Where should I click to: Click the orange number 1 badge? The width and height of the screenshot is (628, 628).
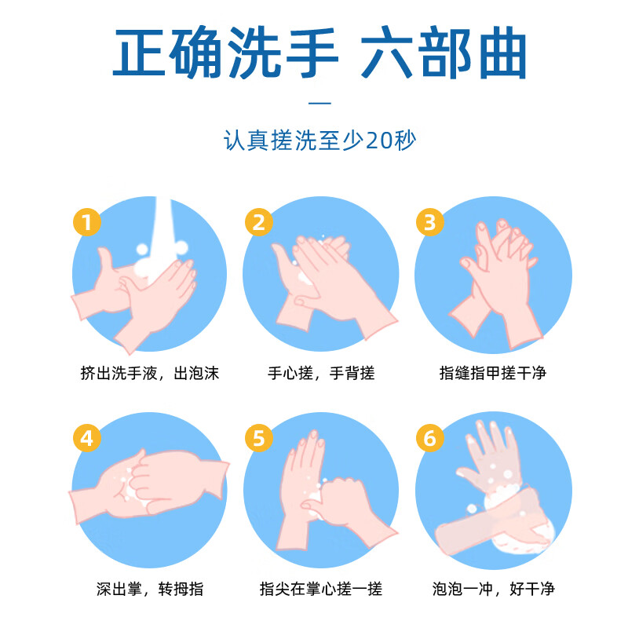(x=87, y=222)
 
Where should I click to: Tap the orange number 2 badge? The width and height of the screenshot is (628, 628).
(x=259, y=222)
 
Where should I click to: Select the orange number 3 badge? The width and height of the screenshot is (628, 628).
(x=429, y=222)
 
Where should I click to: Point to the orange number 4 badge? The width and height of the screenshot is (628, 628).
(x=87, y=438)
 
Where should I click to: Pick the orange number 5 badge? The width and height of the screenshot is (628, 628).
(x=259, y=438)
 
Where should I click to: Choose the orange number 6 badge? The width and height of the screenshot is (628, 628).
(x=429, y=438)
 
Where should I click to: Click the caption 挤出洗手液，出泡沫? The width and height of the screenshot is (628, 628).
(x=149, y=373)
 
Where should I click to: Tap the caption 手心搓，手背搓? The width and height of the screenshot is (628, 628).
(x=321, y=373)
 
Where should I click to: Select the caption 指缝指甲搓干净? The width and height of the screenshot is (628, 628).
(x=492, y=373)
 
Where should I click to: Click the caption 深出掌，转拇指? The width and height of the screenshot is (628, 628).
(x=149, y=588)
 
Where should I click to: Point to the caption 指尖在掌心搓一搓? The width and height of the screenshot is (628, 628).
(x=321, y=588)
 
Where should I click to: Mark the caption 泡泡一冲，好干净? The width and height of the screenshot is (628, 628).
(x=492, y=588)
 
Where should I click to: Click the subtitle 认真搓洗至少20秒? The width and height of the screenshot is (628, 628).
(x=320, y=142)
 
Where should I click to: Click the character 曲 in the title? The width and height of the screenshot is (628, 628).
(x=493, y=53)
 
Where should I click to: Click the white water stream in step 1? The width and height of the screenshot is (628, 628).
(x=163, y=224)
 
